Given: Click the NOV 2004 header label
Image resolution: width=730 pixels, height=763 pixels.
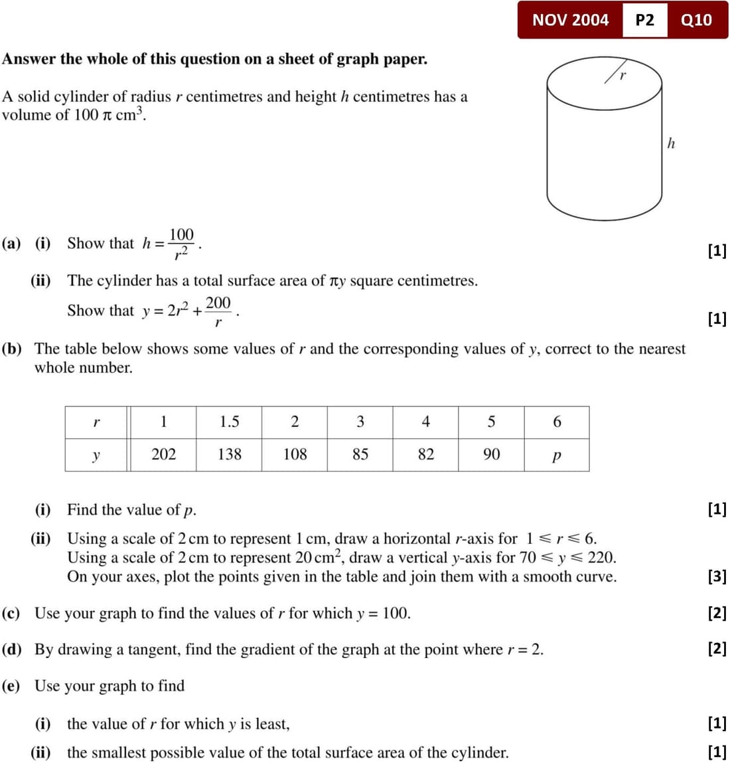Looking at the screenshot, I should [570, 20].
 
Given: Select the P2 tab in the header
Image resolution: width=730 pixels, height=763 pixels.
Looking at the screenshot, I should [644, 20].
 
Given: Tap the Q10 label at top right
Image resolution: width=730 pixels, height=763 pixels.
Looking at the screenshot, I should [696, 20].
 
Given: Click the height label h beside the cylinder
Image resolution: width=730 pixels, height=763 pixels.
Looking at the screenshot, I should [671, 143].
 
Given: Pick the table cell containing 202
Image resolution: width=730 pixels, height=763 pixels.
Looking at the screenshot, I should [163, 454].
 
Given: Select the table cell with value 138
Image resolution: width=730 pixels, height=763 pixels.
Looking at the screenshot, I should [229, 454].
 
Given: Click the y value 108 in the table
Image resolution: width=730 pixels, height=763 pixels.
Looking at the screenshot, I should [295, 454].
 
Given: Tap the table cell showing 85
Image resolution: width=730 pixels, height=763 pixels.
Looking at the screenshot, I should [360, 454].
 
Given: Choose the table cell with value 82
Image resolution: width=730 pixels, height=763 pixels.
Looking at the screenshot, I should [425, 454].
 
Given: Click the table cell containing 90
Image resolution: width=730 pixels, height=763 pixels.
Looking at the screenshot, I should [491, 454].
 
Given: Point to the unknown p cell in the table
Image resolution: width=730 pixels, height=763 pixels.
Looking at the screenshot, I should [556, 456].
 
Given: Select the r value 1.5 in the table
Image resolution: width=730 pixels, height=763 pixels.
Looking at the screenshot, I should [229, 422].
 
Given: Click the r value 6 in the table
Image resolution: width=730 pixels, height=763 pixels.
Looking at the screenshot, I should [557, 422].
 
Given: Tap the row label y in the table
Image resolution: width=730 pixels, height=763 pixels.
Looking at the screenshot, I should [96, 456].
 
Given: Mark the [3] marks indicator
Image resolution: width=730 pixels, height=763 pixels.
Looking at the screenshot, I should [717, 576].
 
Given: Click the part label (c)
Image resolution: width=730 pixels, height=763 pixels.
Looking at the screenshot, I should [11, 613].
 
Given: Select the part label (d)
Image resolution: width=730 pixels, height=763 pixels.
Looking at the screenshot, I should [11, 649].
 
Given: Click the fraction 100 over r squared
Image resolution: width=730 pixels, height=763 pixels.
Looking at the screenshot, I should [181, 244].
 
